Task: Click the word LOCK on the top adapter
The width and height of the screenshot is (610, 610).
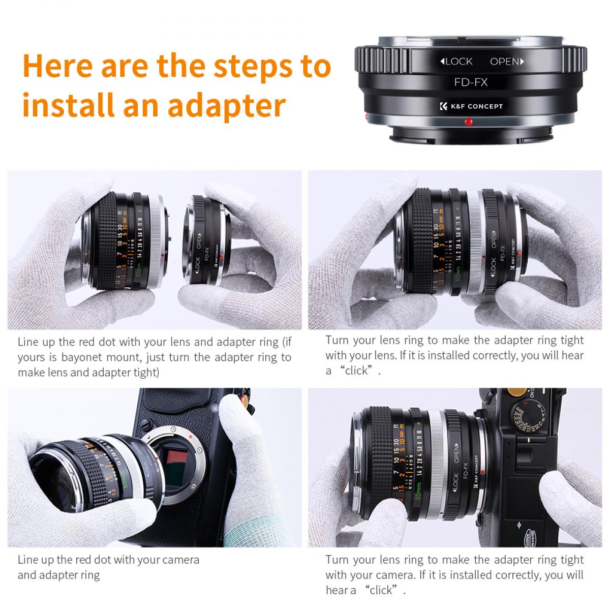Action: tap(456, 62)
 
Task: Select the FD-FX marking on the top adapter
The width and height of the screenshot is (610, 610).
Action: tap(470, 81)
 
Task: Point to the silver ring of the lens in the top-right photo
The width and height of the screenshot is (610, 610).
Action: tap(472, 239)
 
